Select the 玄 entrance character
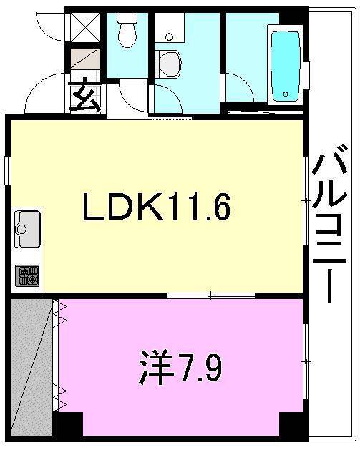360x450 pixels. click(86, 95)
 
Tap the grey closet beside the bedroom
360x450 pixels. click(32, 366)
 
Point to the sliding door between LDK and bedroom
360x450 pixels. click(210, 295)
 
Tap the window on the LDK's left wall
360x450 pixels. click(7, 171)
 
